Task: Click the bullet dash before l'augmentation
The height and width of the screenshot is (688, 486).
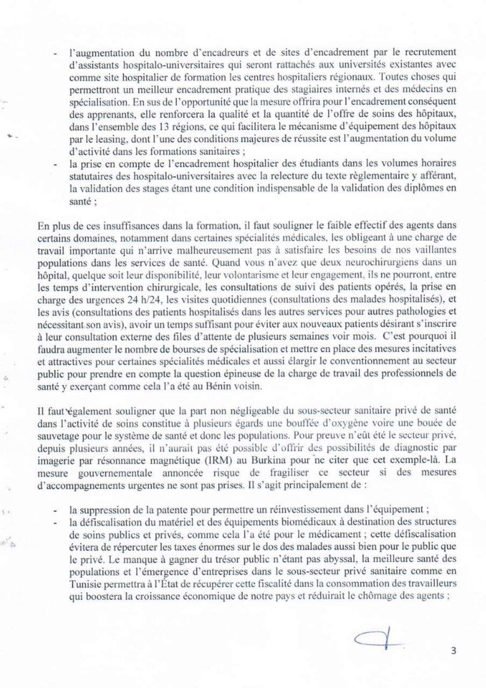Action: [57, 54]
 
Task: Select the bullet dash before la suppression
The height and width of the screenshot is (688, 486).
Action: [57, 510]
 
